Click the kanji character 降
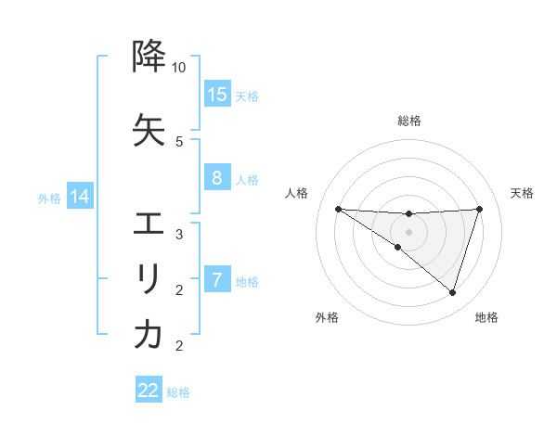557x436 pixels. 149,58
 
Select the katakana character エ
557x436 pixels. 149,224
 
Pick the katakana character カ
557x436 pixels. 149,335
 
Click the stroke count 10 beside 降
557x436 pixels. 179,68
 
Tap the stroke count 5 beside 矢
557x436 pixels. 179,141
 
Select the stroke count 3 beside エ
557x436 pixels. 179,234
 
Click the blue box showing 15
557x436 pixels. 217,95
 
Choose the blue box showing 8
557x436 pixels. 217,178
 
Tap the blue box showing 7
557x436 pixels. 217,280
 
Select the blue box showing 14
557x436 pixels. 79,197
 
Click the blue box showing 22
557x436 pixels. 149,391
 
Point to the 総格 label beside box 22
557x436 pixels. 178,392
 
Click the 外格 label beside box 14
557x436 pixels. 49,198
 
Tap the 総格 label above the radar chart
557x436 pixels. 408,121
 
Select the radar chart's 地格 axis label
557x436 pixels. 486,317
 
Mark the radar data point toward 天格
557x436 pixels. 479,209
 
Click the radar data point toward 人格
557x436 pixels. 338,209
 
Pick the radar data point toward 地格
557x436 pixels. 452,292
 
